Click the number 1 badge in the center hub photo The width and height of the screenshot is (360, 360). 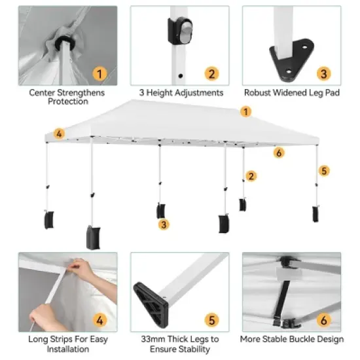[x=99, y=73]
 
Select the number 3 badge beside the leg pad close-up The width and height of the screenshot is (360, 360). [x=323, y=73]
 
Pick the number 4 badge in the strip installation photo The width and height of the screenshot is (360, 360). [x=99, y=320]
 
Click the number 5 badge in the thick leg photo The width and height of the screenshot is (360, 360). [x=211, y=320]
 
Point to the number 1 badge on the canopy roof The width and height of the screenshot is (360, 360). [x=246, y=111]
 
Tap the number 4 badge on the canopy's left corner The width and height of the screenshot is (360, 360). [x=59, y=134]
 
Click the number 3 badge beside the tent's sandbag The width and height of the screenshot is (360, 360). [x=164, y=225]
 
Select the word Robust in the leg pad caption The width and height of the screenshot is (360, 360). [x=258, y=93]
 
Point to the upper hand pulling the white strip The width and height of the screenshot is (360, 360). [x=82, y=267]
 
